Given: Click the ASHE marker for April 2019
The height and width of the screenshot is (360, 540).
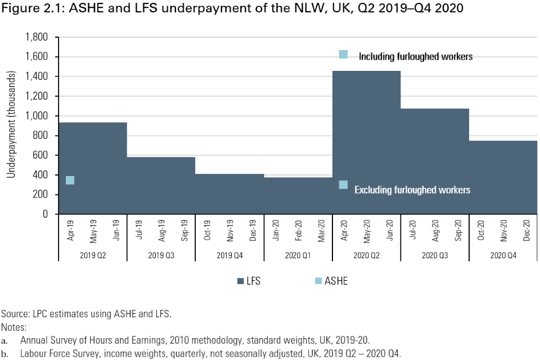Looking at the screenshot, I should pyautogui.click(x=70, y=180).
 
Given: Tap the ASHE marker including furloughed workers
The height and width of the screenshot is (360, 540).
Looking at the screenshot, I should pyautogui.click(x=343, y=55).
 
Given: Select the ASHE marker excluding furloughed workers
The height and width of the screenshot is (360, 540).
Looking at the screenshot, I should pyautogui.click(x=343, y=184).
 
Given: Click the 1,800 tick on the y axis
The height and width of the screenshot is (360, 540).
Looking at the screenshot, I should pyautogui.click(x=37, y=37).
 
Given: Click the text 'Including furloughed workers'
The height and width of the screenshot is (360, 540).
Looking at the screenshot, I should pyautogui.click(x=415, y=56).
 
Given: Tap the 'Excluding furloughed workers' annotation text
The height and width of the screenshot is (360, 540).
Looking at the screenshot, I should pyautogui.click(x=412, y=190).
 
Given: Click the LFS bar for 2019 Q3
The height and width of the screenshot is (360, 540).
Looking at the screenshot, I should pyautogui.click(x=161, y=186).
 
